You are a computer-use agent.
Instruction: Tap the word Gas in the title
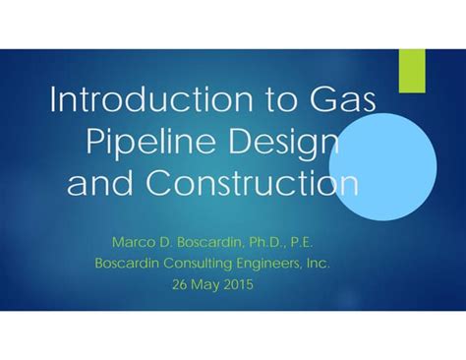pos(344,101)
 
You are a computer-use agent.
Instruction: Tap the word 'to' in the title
pos(267,101)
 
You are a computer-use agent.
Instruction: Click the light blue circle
pos(393,160)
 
